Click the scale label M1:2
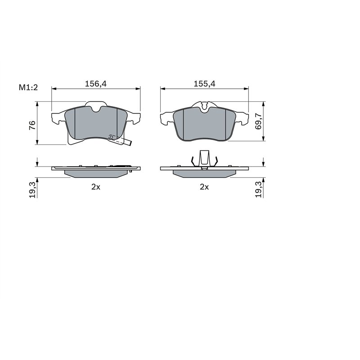(x=27, y=87)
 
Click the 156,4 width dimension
(x=95, y=83)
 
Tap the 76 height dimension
(x=32, y=126)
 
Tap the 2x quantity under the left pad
(x=95, y=187)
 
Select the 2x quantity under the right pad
(x=204, y=187)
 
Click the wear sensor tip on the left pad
(x=129, y=144)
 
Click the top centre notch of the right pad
(x=205, y=106)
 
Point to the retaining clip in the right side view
(x=204, y=158)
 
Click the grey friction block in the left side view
(x=95, y=173)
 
